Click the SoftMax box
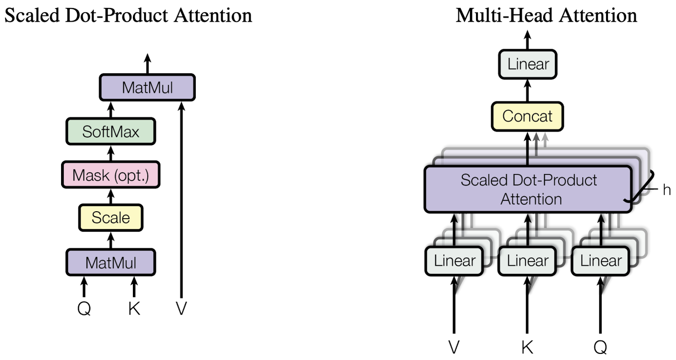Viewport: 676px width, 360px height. (x=111, y=131)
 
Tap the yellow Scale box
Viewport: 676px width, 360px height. (x=111, y=218)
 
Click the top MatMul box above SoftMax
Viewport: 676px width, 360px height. (x=147, y=87)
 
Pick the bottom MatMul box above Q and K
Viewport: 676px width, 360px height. (x=111, y=262)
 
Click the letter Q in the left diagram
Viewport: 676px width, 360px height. (x=84, y=309)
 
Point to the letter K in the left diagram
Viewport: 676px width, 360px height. (x=134, y=309)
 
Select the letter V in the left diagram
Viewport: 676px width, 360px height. (x=181, y=309)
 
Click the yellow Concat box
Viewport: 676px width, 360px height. (x=527, y=116)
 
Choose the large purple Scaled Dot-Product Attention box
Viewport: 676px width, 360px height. (x=529, y=189)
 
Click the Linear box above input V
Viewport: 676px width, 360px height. (x=454, y=260)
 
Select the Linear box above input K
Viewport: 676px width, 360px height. (x=528, y=260)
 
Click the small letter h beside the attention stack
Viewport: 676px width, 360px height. (x=667, y=190)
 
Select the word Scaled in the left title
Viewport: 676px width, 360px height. (x=32, y=15)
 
